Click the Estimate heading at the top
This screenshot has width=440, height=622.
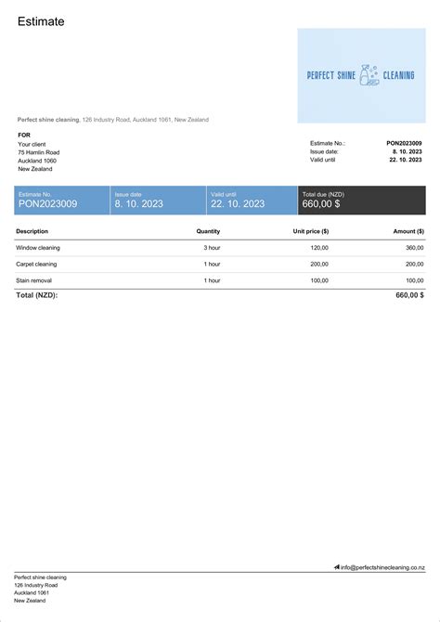pos(41,21)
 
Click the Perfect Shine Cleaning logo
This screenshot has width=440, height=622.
pos(361,76)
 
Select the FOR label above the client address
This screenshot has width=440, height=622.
pos(24,135)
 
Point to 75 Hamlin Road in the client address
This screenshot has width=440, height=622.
pos(39,151)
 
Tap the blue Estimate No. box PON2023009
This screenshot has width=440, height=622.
pos(61,200)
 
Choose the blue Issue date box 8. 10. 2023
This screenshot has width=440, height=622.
pos(157,200)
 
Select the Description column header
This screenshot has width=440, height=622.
pos(32,231)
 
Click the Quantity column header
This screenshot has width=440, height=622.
pos(208,231)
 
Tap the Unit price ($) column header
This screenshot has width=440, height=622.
pos(311,231)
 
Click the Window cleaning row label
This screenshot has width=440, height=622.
pos(37,248)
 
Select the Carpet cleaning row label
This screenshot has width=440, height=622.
pos(37,264)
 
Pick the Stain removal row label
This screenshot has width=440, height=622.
pos(35,279)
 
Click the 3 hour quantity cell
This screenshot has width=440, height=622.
pos(212,248)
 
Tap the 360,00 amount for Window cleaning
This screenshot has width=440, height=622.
pos(414,248)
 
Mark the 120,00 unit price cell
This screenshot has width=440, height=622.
pos(319,248)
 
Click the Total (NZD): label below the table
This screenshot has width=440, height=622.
pos(37,294)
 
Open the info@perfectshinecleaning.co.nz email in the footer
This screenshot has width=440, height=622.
pos(382,566)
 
